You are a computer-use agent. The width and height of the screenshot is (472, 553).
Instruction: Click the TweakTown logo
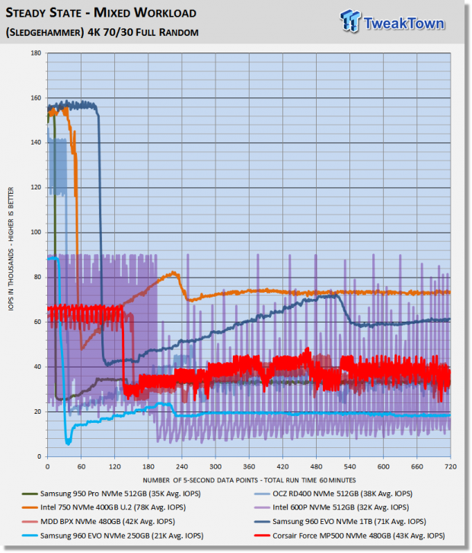pos(392,21)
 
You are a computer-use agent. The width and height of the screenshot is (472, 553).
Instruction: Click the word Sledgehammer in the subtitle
pos(45,33)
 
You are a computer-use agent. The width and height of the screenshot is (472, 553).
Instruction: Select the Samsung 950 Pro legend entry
pos(111,494)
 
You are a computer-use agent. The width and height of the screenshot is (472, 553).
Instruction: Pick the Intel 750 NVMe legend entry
pos(104,507)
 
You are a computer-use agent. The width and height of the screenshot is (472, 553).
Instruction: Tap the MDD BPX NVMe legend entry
pos(98,522)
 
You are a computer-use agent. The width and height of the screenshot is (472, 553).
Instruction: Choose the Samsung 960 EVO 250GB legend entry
pos(113,536)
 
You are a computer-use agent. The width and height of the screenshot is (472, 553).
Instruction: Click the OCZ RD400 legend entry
pos(333,494)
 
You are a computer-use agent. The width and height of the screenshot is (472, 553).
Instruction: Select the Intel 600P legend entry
pos(331,507)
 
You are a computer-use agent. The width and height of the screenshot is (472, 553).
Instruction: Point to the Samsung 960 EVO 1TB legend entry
pos(340,522)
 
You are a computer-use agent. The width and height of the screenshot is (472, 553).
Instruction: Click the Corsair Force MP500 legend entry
pos(349,536)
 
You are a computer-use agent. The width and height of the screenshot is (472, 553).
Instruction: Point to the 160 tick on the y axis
pos(36,98)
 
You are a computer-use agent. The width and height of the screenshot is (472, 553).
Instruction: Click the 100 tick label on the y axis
pos(36,233)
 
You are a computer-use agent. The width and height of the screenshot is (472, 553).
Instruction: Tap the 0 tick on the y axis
pos(39,456)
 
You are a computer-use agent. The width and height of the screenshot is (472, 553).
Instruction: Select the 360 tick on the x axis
pos(249,467)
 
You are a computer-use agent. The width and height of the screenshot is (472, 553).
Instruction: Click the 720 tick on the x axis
pos(451,467)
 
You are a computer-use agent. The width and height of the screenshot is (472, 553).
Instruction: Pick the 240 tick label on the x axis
pos(182,467)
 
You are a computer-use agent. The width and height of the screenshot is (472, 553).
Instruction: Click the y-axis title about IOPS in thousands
pos(11,249)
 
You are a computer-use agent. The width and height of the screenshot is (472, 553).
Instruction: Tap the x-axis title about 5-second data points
pos(249,480)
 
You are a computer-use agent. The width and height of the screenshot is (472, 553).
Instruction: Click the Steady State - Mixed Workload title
pos(101,13)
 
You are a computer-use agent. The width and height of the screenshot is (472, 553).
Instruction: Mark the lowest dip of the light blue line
pos(68,443)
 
